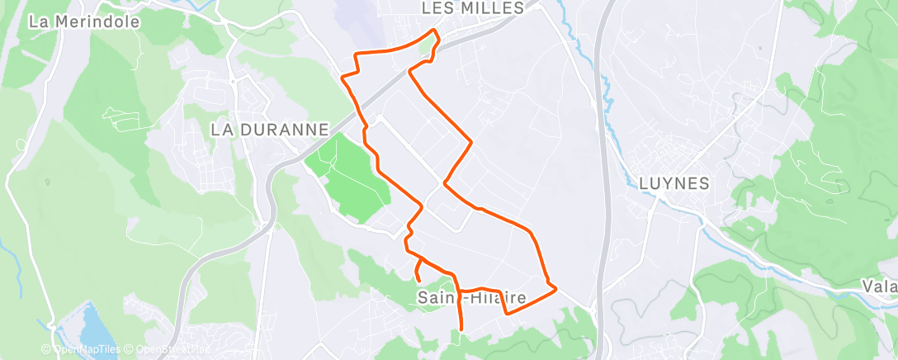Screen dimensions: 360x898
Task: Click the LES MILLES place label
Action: coord(472,8)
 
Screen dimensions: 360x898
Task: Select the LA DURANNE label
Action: coord(270,130)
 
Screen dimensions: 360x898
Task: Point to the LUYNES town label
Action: coord(674,183)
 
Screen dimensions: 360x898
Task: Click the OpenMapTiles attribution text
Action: coord(80,350)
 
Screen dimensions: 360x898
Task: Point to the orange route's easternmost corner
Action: coord(555,288)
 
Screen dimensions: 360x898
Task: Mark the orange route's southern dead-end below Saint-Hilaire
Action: coord(460,329)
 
